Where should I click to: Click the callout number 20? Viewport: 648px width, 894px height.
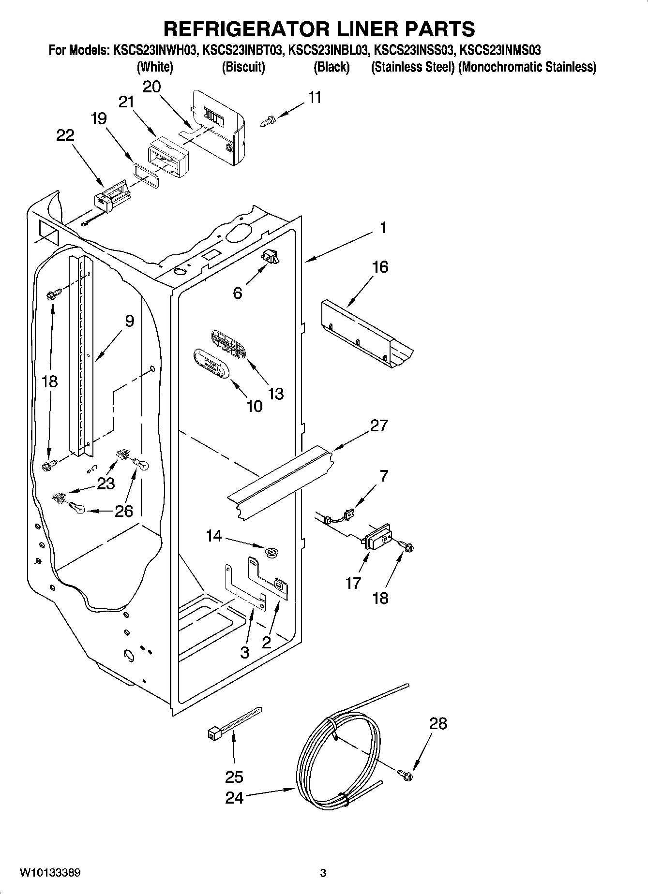pyautogui.click(x=152, y=87)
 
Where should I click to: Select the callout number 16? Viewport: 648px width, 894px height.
pyautogui.click(x=380, y=267)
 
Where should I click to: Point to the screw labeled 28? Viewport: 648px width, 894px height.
pyautogui.click(x=406, y=775)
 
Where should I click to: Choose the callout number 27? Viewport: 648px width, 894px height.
pyautogui.click(x=379, y=425)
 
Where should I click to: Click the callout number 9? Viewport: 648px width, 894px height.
pyautogui.click(x=129, y=321)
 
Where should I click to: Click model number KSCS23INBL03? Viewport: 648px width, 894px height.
pyautogui.click(x=329, y=50)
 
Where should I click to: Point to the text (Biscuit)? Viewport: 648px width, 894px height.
pyautogui.click(x=243, y=67)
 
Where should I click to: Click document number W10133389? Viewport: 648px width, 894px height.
pyautogui.click(x=50, y=873)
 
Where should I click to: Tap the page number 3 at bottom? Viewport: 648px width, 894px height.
pyautogui.click(x=323, y=873)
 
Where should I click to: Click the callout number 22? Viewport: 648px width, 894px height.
pyautogui.click(x=65, y=135)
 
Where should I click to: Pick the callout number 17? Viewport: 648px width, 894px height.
pyautogui.click(x=353, y=583)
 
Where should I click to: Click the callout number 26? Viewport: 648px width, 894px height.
pyautogui.click(x=124, y=511)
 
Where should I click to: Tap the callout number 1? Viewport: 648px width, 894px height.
pyautogui.click(x=383, y=227)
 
